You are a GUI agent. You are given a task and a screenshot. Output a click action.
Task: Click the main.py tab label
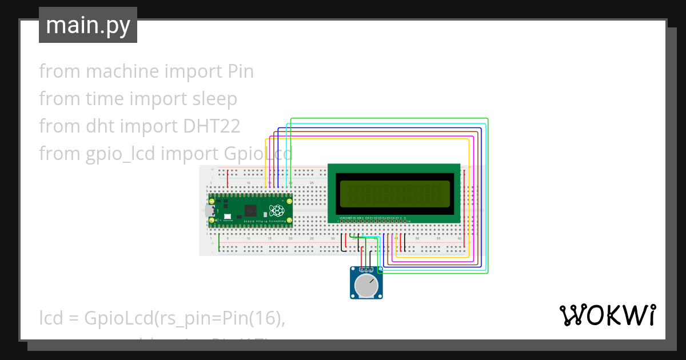88,25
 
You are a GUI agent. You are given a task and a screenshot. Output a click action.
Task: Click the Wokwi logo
607,315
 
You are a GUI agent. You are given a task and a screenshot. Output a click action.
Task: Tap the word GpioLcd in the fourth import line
256,153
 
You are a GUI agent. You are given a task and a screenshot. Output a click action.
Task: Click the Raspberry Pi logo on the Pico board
277,210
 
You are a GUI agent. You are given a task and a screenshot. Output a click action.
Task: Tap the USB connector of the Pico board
210,211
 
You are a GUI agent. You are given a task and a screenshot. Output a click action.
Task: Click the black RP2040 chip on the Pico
250,210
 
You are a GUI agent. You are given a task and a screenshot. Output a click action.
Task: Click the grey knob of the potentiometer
366,285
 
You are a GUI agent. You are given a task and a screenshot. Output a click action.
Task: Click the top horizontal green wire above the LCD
389,118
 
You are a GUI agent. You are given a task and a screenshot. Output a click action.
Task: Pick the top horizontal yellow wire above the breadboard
366,139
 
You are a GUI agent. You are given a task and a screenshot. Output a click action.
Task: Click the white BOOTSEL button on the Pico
228,217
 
